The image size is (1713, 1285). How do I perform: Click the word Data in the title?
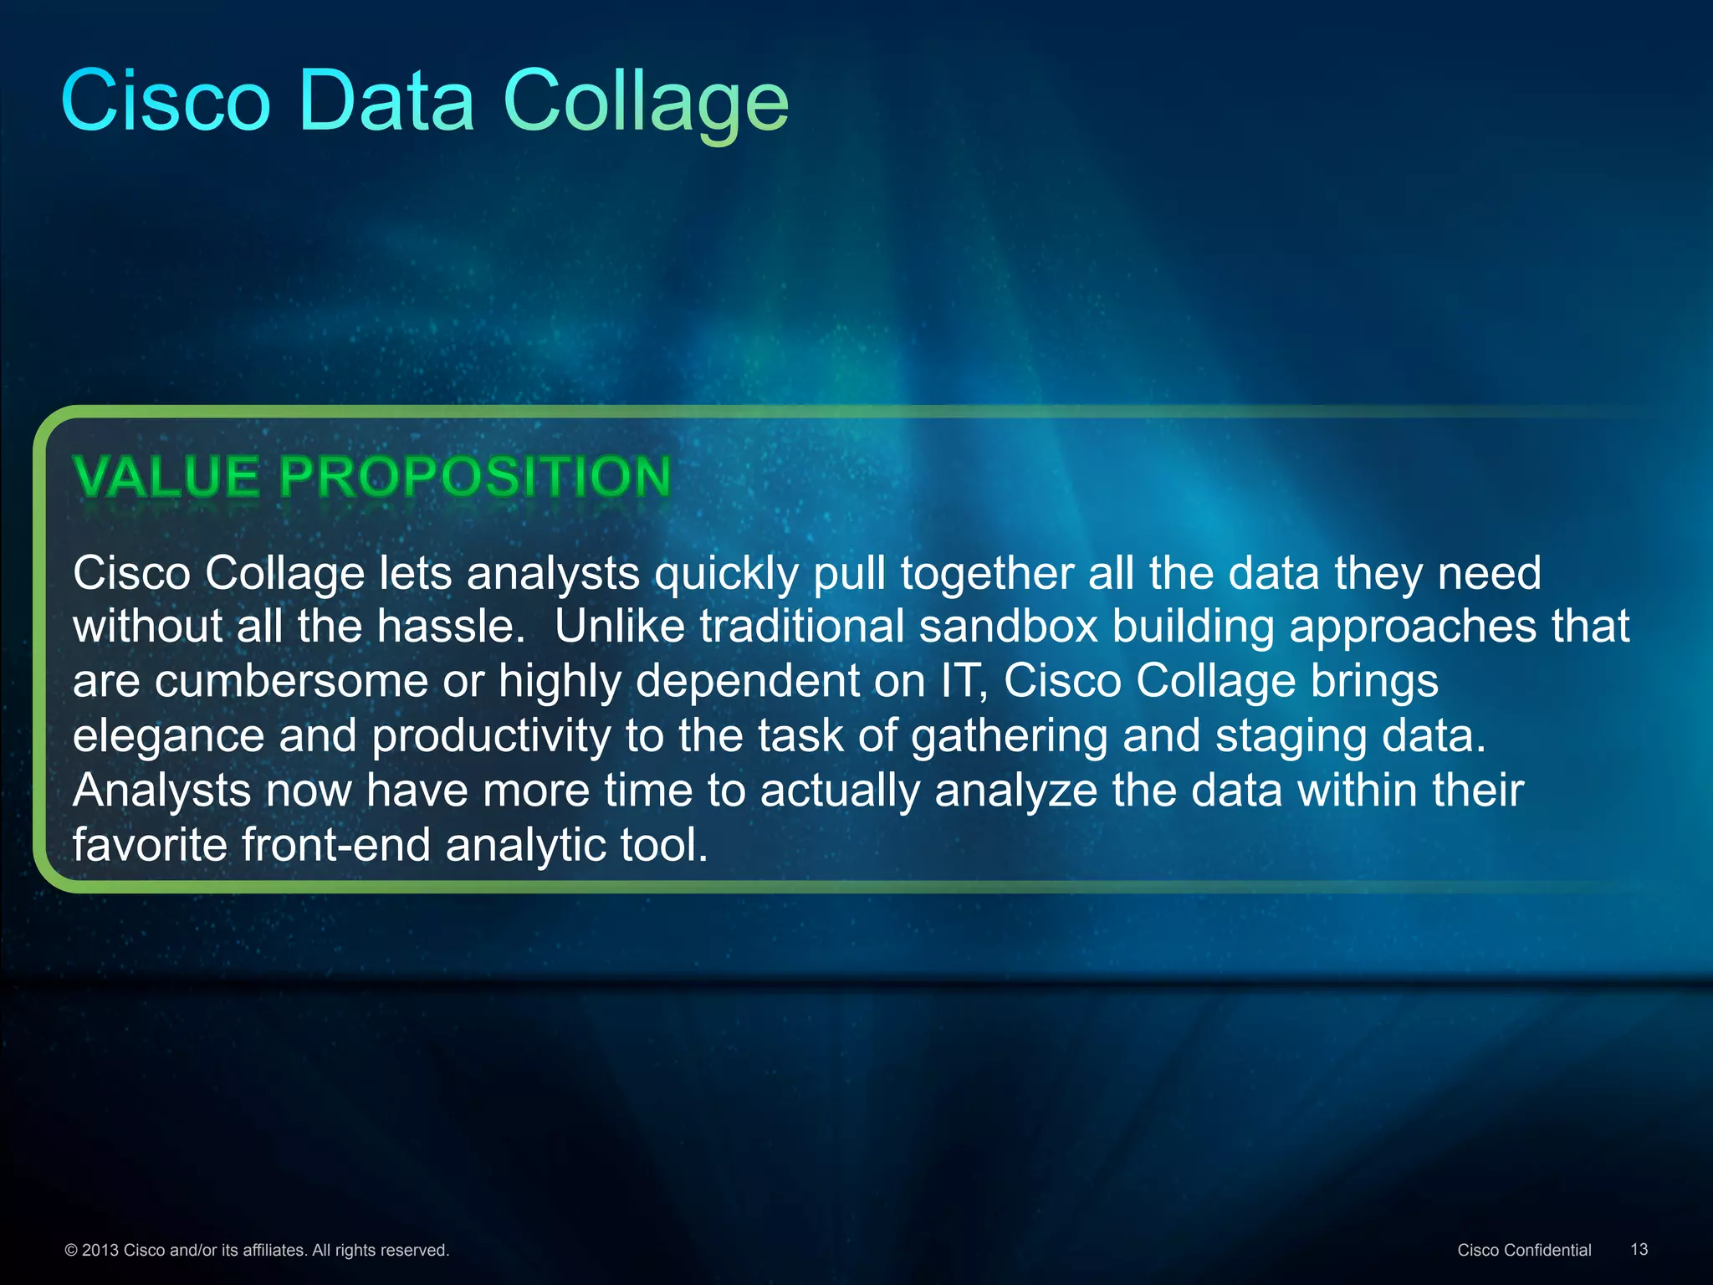pyautogui.click(x=386, y=101)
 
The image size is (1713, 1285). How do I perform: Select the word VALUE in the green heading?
pyautogui.click(x=167, y=477)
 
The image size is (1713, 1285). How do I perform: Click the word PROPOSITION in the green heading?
pyautogui.click(x=474, y=477)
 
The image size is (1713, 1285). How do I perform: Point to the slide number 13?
pyautogui.click(x=1639, y=1249)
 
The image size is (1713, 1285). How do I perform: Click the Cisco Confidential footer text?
pyautogui.click(x=1524, y=1250)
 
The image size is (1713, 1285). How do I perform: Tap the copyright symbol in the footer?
pyautogui.click(x=71, y=1250)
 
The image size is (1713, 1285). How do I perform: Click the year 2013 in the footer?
pyautogui.click(x=100, y=1250)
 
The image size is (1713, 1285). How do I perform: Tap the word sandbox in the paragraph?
pyautogui.click(x=1008, y=627)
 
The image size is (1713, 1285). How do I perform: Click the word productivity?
pyautogui.click(x=491, y=736)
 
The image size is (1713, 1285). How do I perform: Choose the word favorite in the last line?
pyautogui.click(x=149, y=845)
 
